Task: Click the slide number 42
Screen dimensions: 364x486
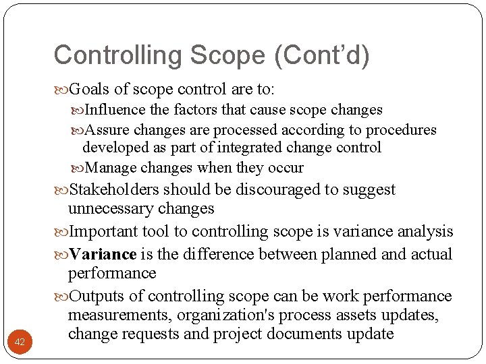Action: [x=20, y=342]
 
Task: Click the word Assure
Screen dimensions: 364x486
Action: [x=109, y=129]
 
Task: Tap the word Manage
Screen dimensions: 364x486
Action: [x=111, y=167]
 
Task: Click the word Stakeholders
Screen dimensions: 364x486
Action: [x=115, y=190]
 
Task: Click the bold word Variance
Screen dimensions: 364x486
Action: [x=103, y=255]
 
